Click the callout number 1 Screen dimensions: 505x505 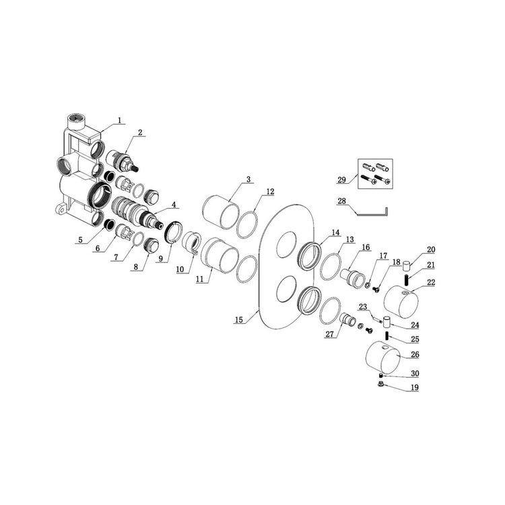(x=120, y=121)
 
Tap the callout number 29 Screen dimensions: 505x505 (x=341, y=179)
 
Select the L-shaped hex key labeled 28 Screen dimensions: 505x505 (x=372, y=212)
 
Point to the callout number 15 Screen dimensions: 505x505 (x=238, y=319)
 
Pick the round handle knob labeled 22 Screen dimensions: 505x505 (x=401, y=301)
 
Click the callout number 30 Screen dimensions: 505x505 (x=415, y=373)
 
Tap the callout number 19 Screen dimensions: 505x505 (x=415, y=387)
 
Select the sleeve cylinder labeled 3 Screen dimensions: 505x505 (x=221, y=212)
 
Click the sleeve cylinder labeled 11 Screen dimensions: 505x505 (x=220, y=255)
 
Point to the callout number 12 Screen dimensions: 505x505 (x=270, y=192)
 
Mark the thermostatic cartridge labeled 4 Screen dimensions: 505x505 (x=137, y=213)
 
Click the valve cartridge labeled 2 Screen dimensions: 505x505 (x=123, y=161)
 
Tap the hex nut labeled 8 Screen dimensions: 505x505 (x=151, y=246)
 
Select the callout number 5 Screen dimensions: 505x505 (x=80, y=240)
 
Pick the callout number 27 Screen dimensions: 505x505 (x=329, y=334)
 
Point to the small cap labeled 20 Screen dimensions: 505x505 (x=407, y=267)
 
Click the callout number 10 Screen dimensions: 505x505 (x=180, y=269)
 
